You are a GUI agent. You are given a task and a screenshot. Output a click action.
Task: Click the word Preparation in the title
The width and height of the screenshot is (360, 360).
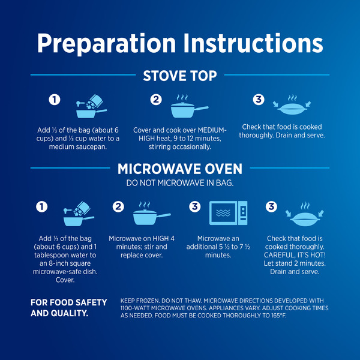pyautogui.click(x=107, y=44)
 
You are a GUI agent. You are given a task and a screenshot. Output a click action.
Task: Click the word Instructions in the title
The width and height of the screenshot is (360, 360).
pyautogui.click(x=253, y=43)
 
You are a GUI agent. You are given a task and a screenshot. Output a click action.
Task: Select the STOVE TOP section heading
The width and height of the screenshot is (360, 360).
pyautogui.click(x=180, y=76)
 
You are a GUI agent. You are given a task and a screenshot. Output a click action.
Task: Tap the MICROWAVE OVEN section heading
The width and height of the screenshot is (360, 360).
pyautogui.click(x=180, y=169)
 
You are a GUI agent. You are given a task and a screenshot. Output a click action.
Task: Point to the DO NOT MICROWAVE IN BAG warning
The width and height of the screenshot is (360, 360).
pyautogui.click(x=180, y=183)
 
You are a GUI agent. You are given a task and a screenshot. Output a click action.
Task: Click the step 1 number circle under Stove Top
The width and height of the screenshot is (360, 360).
pyautogui.click(x=55, y=100)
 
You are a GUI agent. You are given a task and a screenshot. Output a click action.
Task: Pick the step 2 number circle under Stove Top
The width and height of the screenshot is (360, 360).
pyautogui.click(x=156, y=100)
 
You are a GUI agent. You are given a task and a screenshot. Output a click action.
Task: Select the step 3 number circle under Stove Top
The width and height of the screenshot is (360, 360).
pyautogui.click(x=259, y=100)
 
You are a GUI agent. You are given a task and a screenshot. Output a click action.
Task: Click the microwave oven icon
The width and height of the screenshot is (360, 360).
pyautogui.click(x=228, y=213)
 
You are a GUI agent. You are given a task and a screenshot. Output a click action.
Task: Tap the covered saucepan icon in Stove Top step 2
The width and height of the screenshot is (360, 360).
pyautogui.click(x=190, y=106)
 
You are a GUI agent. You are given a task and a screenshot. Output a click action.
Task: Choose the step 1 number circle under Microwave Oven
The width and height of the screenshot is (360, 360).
pyautogui.click(x=42, y=206)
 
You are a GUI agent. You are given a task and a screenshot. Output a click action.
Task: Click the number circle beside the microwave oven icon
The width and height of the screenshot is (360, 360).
pyautogui.click(x=194, y=206)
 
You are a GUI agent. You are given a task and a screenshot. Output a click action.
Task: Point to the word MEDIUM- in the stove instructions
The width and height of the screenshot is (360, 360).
pyautogui.click(x=212, y=130)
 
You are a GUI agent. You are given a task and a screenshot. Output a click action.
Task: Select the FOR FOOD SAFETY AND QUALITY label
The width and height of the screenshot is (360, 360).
pyautogui.click(x=68, y=308)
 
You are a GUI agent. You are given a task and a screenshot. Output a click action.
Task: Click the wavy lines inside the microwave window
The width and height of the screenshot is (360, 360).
pyautogui.click(x=223, y=213)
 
